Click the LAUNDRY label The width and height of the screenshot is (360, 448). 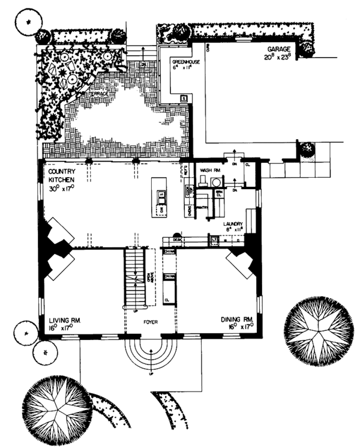click(x=233, y=223)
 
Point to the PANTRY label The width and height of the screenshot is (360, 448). click(x=201, y=207)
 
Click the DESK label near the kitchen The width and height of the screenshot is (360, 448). click(x=176, y=240)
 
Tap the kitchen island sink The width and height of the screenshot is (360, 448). click(x=161, y=195)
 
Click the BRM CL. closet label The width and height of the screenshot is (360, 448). click(x=219, y=193)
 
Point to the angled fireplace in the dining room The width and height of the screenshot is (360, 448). click(x=240, y=262)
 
